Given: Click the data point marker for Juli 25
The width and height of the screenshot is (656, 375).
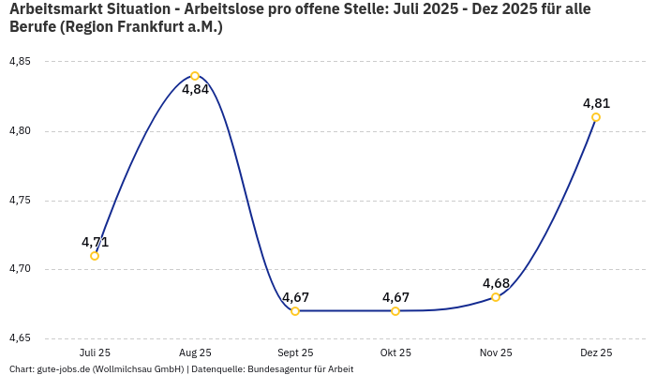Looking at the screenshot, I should [x=95, y=256].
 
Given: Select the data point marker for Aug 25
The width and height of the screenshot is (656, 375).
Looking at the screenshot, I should [x=195, y=76].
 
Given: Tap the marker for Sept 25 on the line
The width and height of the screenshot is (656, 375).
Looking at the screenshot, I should [x=295, y=311].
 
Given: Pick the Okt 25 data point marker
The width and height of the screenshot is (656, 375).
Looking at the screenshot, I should [x=395, y=311].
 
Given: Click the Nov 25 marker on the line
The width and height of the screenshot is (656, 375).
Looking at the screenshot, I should [x=496, y=297].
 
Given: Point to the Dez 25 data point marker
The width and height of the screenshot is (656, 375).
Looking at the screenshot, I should [x=596, y=117].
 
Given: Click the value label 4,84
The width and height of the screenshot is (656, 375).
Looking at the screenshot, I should [x=195, y=90].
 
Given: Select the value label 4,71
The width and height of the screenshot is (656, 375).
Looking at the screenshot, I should [x=95, y=242].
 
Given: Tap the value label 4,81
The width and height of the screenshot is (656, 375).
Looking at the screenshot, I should [x=596, y=103].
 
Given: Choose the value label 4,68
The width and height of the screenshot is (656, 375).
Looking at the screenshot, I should [x=496, y=283].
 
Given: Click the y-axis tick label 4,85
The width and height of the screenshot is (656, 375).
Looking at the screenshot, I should [x=20, y=62].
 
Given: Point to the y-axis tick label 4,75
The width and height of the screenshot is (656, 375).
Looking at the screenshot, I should [x=20, y=201].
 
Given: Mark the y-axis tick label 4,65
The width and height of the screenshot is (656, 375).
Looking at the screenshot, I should [x=20, y=338].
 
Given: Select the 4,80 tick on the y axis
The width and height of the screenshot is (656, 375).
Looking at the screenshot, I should [x=20, y=131].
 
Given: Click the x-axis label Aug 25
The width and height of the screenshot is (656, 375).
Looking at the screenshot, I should [x=195, y=352].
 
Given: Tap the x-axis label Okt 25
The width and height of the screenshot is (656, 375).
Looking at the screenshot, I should [x=395, y=352].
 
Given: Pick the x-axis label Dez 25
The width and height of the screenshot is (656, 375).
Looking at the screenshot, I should [x=596, y=352].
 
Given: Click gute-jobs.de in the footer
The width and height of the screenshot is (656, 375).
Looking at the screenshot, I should [x=64, y=369].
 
